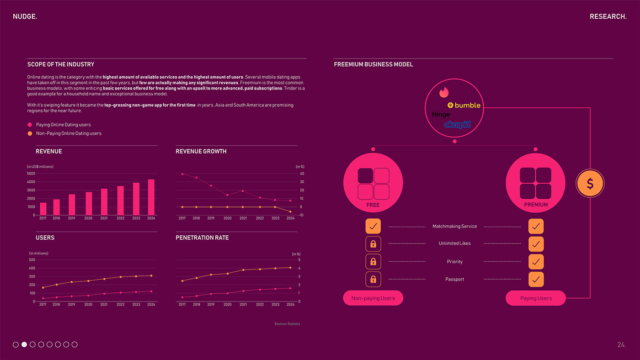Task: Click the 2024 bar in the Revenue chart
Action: pos(151,197)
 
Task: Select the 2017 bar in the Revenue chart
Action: pos(43,209)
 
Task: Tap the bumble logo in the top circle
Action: pos(464,106)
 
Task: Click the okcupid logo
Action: pos(457,124)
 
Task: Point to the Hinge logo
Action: pos(441,115)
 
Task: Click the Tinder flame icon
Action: pos(444,92)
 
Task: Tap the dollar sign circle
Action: pos(590,184)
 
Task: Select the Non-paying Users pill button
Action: pos(373,298)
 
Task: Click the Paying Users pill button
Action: pos(536,298)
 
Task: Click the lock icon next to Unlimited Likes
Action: pos(373,244)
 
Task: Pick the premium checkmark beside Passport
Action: pos(536,279)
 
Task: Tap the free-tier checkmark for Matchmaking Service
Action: pos(373,226)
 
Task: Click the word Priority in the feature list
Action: pos(454,262)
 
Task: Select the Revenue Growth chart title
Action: pos(201,151)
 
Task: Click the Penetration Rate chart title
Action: pos(202,238)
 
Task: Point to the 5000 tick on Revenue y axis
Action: pos(31,174)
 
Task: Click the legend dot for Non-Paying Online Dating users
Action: pos(30,133)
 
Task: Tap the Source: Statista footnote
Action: pos(287,324)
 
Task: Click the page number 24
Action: pos(621,345)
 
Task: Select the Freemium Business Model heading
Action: pos(373,64)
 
